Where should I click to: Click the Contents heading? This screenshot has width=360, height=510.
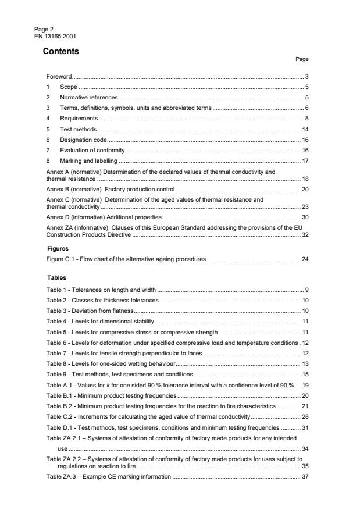[x=61, y=51]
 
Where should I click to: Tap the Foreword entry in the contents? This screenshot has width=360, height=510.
[x=59, y=77]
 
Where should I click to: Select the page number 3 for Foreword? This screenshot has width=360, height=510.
[x=306, y=77]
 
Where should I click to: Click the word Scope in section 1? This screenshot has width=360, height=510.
[x=69, y=87]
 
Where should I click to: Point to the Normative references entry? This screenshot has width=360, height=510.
[x=89, y=97]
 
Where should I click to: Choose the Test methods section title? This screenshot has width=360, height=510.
[x=79, y=129]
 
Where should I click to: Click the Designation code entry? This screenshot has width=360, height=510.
[x=84, y=140]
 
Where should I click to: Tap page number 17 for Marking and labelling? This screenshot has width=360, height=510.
[x=305, y=161]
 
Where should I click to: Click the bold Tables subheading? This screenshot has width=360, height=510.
[x=56, y=277]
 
